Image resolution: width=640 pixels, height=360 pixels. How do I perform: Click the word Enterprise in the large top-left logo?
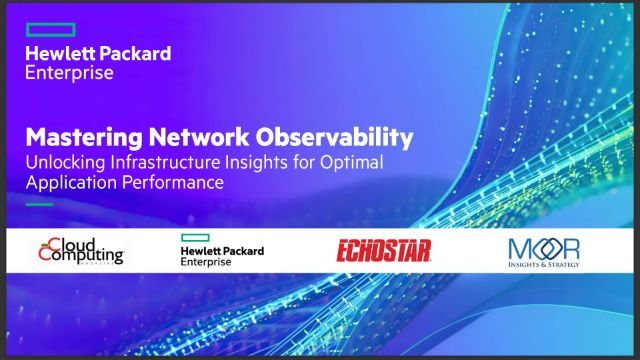(69, 72)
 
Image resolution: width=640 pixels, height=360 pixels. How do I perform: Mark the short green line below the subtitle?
(39, 203)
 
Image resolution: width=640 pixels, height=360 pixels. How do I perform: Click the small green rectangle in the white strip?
(193, 237)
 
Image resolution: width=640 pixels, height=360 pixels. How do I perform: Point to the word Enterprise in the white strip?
(206, 262)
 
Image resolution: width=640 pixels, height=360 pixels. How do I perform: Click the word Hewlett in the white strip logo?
(201, 250)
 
